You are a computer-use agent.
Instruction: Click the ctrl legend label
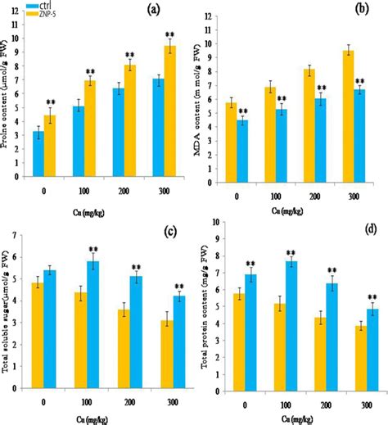click(56, 7)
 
